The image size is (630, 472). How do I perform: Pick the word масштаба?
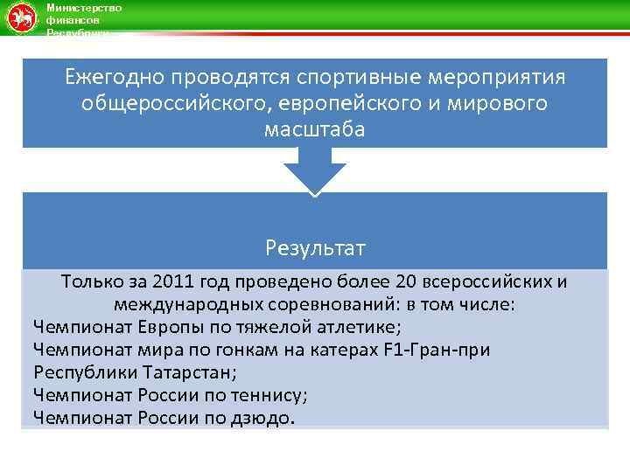(x=315, y=129)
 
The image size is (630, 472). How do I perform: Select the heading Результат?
(x=315, y=248)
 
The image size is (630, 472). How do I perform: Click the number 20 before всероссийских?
(x=404, y=282)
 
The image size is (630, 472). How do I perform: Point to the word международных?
(x=187, y=305)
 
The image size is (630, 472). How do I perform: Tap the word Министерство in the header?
(x=83, y=8)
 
